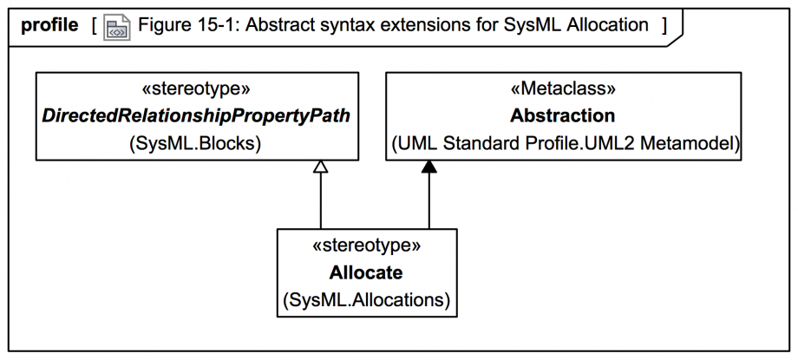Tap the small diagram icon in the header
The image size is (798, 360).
[x=116, y=28]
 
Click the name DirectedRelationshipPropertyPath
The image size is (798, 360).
[x=196, y=116]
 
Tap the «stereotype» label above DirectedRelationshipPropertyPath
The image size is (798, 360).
[x=196, y=88]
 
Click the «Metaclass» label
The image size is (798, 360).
[x=563, y=88]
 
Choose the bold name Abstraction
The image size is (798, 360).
[x=563, y=116]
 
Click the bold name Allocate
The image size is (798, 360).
[x=366, y=272]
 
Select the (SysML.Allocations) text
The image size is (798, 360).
[x=366, y=300]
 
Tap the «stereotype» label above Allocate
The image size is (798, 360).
[x=366, y=245]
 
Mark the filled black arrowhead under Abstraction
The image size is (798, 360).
[x=428, y=167]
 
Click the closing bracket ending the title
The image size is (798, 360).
[x=664, y=25]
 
